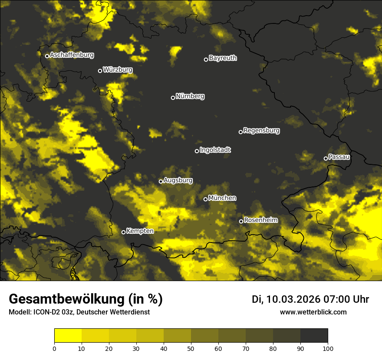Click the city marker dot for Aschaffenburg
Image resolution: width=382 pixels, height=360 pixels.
coord(47,56)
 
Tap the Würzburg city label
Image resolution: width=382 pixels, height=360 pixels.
coord(118,70)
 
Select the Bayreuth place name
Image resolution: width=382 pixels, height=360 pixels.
coord(223,58)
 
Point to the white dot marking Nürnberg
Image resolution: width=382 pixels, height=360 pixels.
coord(173,98)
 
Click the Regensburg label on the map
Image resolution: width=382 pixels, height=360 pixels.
coord(261,131)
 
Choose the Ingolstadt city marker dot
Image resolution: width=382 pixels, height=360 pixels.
coord(197,151)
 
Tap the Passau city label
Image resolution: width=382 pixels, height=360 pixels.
coord(339,157)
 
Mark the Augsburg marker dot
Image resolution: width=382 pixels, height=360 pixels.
coord(161,182)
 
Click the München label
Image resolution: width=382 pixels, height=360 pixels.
coord(222,198)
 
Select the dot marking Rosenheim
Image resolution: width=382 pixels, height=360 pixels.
coord(241,222)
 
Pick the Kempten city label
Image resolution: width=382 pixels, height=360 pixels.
coord(140,231)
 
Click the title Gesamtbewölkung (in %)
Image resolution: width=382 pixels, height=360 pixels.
coord(86,299)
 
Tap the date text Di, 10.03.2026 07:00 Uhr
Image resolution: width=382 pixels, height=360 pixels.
coord(310,299)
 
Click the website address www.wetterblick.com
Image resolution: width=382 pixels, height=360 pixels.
coord(313,312)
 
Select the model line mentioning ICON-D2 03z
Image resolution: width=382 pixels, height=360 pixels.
coord(79,312)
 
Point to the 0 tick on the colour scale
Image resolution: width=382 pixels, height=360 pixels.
coord(54,348)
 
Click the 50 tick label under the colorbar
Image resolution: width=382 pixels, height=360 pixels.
coord(191,348)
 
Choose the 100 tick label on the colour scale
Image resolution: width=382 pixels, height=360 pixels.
coord(328,348)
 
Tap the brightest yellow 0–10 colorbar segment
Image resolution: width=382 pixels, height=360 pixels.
coord(68,336)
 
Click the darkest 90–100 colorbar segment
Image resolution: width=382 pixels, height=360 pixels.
coord(314,336)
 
